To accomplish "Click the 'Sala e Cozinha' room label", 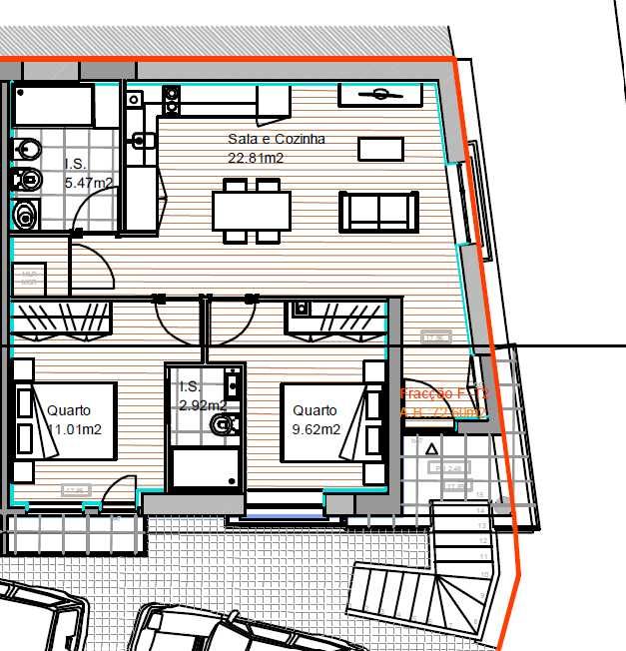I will coord(277,140).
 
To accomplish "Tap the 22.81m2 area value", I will coord(257,158).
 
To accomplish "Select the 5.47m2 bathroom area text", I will coord(89,183).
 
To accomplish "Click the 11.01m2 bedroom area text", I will coord(74,430).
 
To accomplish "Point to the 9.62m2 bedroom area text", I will coord(316,430).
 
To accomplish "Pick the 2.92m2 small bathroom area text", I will coord(202,405).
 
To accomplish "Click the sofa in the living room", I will coord(378,212).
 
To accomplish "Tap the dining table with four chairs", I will coord(252,211).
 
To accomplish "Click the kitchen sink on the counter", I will coord(141,139).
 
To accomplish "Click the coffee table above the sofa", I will coord(380,148).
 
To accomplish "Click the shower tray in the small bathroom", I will coord(206,469).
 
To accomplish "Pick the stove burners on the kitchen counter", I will coord(171,98).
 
